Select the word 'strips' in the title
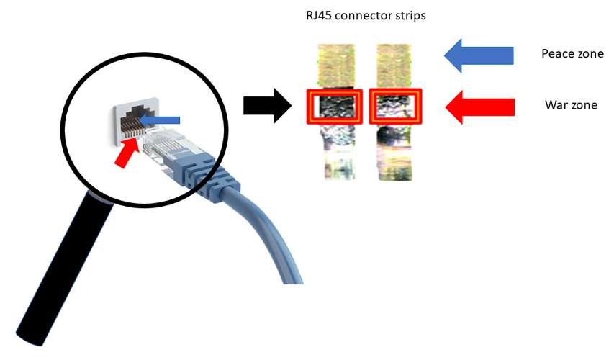tap(410, 17)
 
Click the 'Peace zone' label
tap(572, 54)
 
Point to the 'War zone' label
tap(571, 105)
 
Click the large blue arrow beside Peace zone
tap(479, 55)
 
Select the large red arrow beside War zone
tap(479, 107)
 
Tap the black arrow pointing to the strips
tap(268, 105)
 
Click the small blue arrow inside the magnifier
tap(160, 120)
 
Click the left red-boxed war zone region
tap(335, 107)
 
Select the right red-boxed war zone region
tap(395, 107)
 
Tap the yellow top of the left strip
tap(336, 66)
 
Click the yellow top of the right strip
tap(394, 66)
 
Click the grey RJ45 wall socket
tap(135, 120)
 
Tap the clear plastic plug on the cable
tap(164, 148)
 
